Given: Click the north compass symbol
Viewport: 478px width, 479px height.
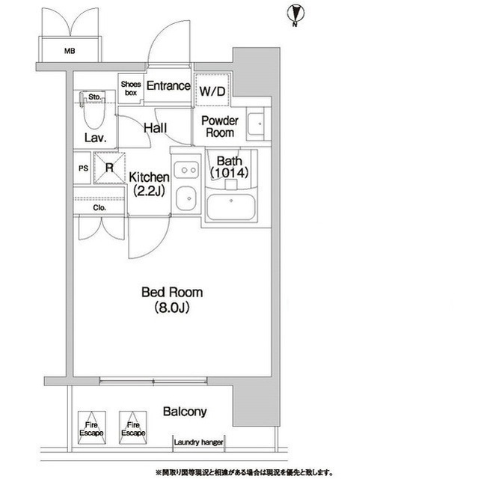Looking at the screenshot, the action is [295, 16].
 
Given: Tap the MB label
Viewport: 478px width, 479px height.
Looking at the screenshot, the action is [70, 51].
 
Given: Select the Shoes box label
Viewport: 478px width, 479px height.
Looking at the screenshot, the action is [131, 88].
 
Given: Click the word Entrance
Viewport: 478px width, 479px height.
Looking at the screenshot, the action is [168, 86].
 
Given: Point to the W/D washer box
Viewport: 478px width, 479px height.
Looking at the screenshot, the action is [212, 90].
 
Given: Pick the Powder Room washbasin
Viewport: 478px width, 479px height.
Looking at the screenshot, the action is [256, 124].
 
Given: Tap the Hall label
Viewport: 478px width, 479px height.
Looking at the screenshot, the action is [156, 128].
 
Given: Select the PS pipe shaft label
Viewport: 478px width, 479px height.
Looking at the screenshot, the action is [83, 168].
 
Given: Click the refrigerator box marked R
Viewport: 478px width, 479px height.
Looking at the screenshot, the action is [109, 168].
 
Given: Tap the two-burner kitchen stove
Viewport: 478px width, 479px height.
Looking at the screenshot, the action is [186, 170].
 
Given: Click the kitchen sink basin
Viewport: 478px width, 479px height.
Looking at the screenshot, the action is [186, 198].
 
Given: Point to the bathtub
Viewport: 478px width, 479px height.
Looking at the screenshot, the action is [230, 207].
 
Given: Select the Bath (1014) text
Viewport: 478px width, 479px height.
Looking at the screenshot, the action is [229, 167].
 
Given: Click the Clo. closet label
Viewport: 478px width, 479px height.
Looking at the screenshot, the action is [99, 208].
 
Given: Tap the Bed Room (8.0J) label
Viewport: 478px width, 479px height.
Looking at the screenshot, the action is [172, 300].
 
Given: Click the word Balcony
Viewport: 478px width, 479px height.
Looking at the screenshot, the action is [185, 412].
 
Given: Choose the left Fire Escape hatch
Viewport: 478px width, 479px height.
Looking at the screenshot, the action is [91, 427].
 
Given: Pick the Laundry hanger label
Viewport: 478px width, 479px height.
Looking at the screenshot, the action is [198, 442].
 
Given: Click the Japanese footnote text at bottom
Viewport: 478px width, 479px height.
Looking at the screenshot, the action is [244, 472].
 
